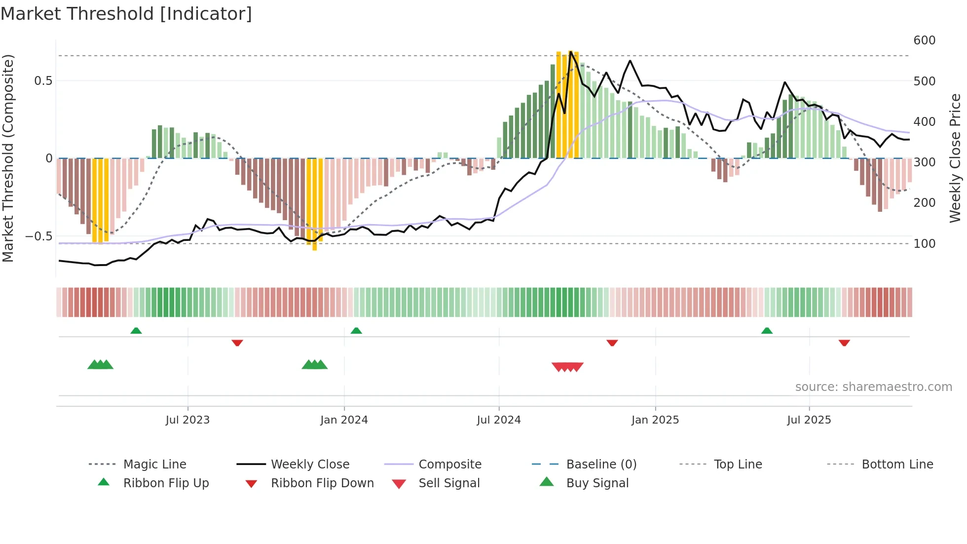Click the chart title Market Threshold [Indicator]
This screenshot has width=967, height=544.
[x=126, y=14]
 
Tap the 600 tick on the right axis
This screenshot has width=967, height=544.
[x=924, y=40]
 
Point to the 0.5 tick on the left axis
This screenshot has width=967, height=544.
[x=43, y=81]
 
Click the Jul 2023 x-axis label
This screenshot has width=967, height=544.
[x=187, y=420]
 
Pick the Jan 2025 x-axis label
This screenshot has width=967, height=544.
[x=655, y=420]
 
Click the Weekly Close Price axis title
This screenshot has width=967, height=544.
[x=955, y=158]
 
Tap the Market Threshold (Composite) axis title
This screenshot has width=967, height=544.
[x=8, y=158]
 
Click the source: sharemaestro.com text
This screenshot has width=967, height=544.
[x=873, y=387]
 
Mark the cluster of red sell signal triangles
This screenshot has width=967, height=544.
[x=567, y=367]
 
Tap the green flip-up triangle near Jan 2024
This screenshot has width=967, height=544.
[x=356, y=331]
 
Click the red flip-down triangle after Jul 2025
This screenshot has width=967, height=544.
[x=844, y=343]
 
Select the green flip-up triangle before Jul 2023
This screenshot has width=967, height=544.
[x=136, y=331]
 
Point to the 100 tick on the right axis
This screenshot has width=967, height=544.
[x=924, y=244]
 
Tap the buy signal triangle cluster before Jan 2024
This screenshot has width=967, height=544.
[x=315, y=365]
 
